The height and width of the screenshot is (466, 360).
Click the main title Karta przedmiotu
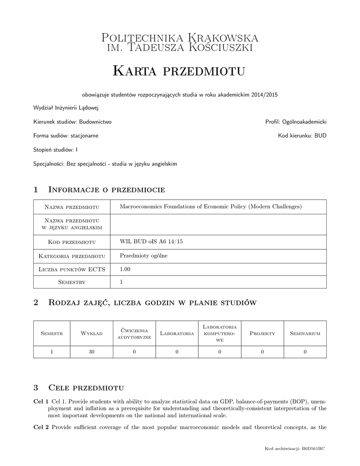pos(179,71)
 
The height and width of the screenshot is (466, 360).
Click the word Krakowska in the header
pos(220,37)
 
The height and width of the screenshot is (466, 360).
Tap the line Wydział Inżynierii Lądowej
pos(66,108)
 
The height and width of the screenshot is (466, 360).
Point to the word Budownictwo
pos(95,122)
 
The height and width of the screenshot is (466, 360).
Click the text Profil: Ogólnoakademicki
pos(296,122)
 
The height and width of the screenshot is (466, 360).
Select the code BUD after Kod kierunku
pos(320,136)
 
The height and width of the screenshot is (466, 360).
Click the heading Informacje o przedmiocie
pos(106,189)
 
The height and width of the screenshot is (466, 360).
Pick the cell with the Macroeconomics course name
pos(210,207)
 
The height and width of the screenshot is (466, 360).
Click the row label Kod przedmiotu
pos(71,242)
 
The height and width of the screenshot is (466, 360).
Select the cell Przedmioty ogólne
pos(143,256)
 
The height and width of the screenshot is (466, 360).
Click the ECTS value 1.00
pos(125,269)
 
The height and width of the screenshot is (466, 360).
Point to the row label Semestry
pos(71,282)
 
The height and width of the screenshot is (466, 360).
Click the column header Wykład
pos(91,334)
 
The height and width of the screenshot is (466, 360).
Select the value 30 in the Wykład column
pos(91,351)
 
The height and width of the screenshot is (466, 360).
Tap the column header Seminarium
pos(305,334)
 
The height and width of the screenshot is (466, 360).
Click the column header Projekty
pos(263,334)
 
